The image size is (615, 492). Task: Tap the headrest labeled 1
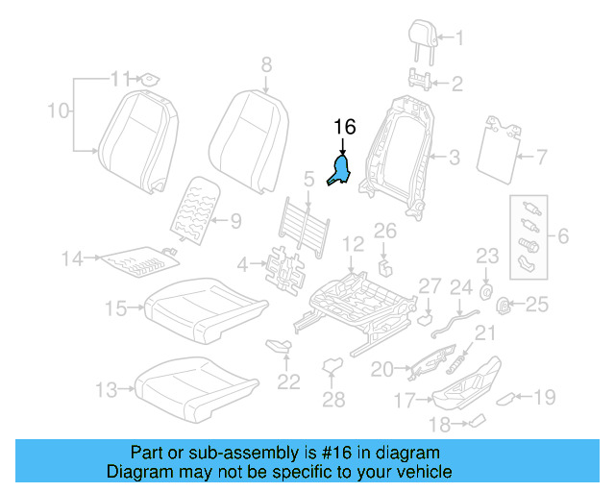coord(424,36)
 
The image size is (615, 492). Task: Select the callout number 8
coord(266,64)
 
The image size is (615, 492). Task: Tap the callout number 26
coord(384,231)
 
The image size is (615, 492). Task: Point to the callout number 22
coord(288,381)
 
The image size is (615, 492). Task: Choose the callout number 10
coord(59,111)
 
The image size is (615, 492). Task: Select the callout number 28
coord(332,400)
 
